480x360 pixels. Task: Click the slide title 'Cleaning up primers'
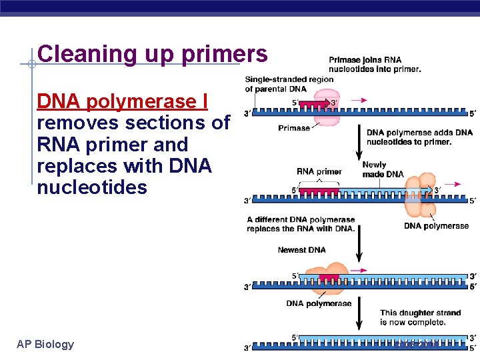tap(153, 53)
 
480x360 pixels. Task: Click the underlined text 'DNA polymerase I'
tap(123, 101)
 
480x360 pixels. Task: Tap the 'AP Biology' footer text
tap(45, 344)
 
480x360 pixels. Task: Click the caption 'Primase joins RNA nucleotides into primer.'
tap(375, 64)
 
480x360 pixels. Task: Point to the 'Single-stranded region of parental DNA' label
tap(289, 85)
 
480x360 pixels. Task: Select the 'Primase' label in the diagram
tap(294, 128)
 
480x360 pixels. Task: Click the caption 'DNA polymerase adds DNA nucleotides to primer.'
tap(419, 137)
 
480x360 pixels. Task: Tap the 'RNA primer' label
tap(319, 172)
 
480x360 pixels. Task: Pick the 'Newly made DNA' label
tap(383, 169)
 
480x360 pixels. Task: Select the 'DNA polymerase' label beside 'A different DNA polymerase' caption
tap(436, 226)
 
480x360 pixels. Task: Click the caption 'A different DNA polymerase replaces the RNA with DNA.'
tap(301, 224)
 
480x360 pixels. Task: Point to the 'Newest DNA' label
tap(301, 250)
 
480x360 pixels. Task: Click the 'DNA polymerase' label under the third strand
tap(319, 303)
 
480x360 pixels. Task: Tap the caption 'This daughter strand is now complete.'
tap(413, 317)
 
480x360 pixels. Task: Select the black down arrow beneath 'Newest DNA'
tap(359, 249)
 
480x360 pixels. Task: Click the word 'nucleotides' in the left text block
tap(92, 187)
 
